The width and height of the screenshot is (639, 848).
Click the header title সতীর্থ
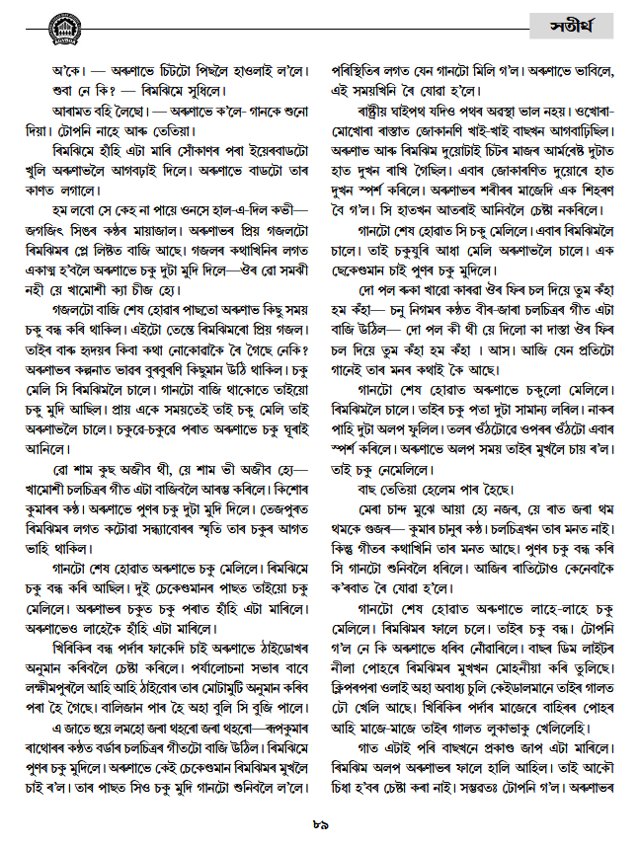574,25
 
